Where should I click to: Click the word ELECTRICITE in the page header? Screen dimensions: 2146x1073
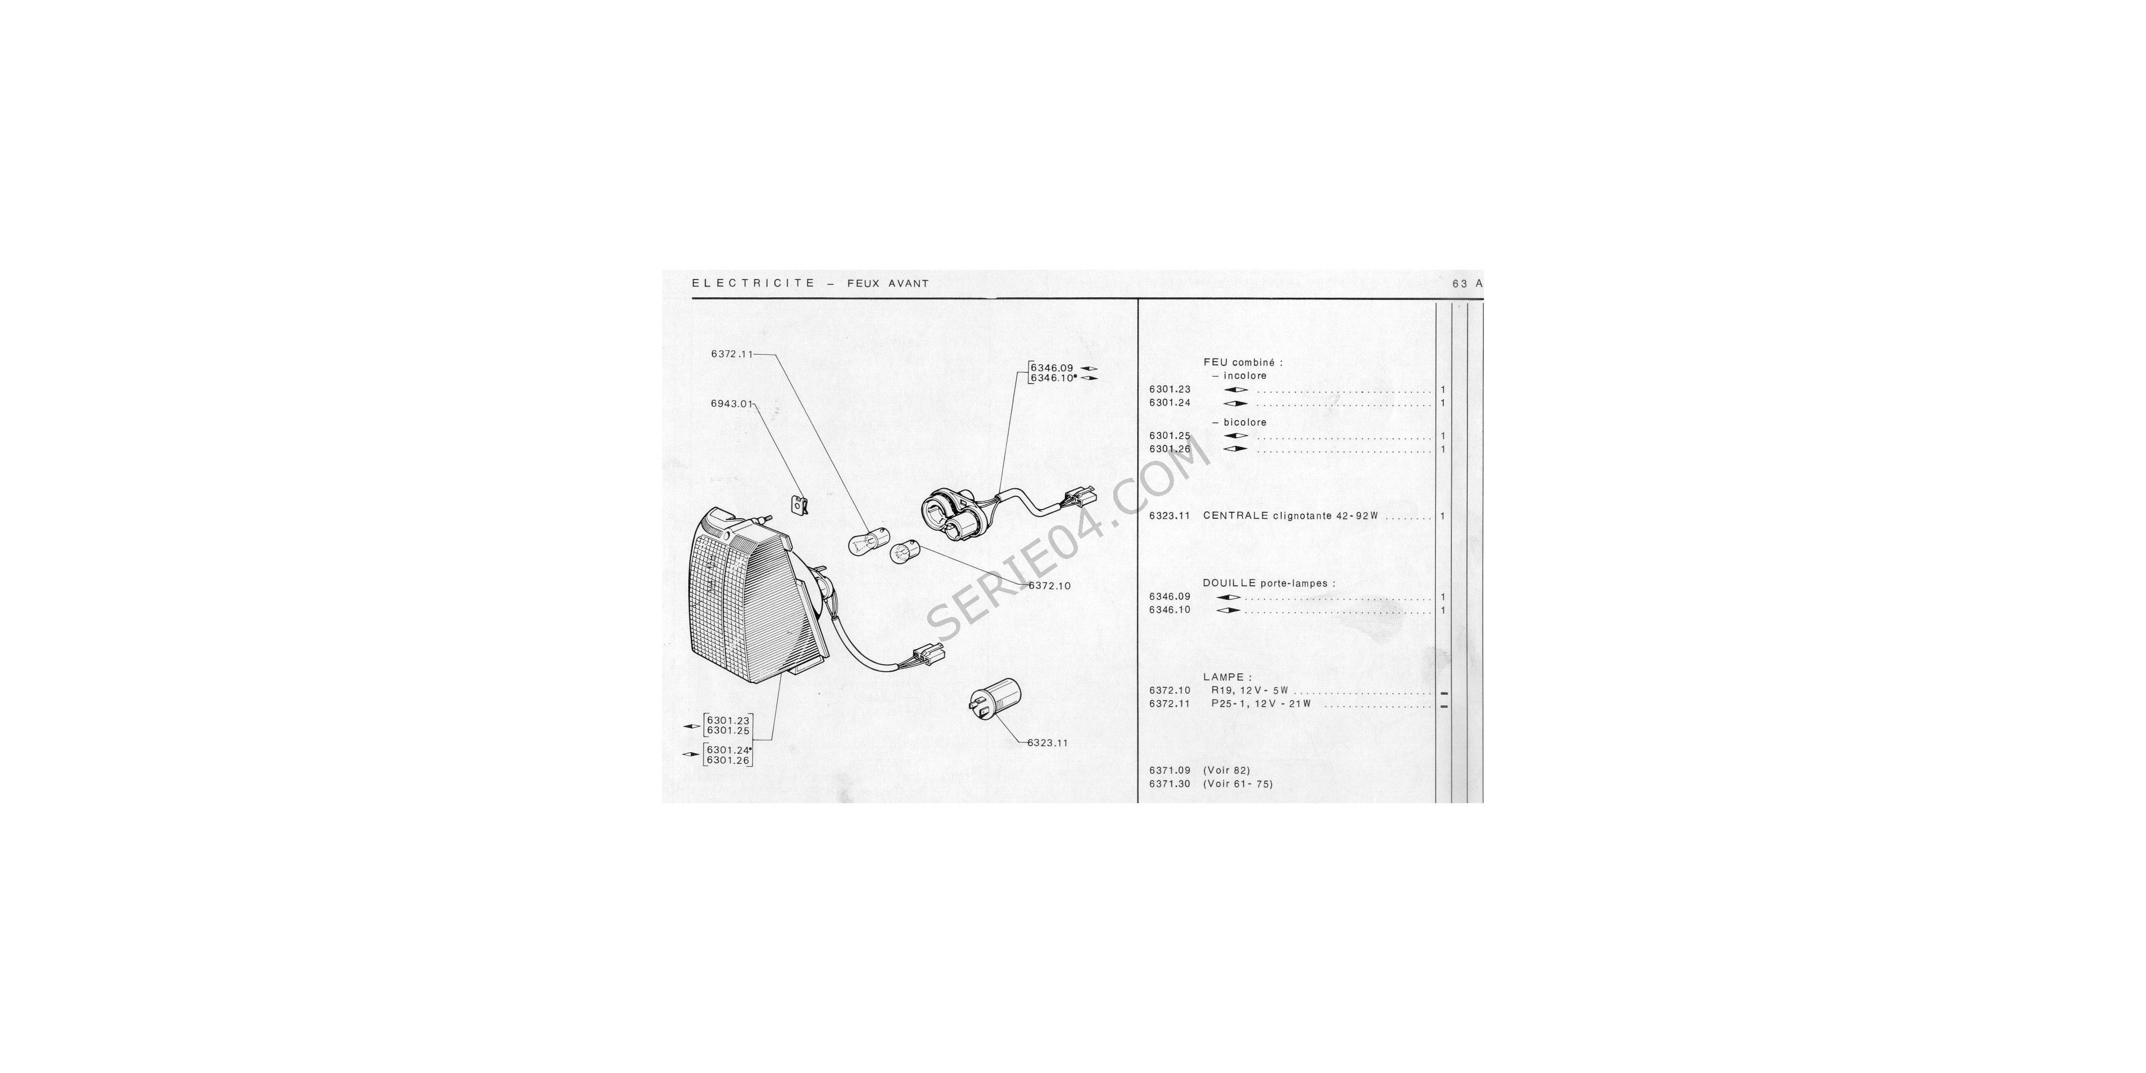pyautogui.click(x=753, y=283)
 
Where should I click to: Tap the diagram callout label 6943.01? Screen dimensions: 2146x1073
pyautogui.click(x=731, y=404)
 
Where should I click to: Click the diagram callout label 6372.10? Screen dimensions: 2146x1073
pyautogui.click(x=1050, y=586)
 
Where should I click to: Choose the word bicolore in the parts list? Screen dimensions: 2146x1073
pyautogui.click(x=1245, y=422)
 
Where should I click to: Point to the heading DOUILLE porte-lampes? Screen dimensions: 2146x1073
pyautogui.click(x=1269, y=583)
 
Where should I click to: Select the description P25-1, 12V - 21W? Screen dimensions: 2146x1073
pyautogui.click(x=1261, y=704)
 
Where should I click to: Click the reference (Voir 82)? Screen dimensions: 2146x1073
pyautogui.click(x=1226, y=770)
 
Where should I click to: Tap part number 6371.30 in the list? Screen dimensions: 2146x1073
pyautogui.click(x=1170, y=784)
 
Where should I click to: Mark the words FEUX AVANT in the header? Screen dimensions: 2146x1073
pyautogui.click(x=888, y=283)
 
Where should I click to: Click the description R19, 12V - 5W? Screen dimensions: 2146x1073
pyautogui.click(x=1250, y=690)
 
